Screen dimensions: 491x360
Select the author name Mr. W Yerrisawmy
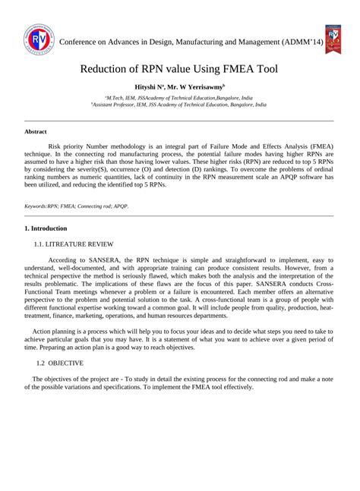pos(197,88)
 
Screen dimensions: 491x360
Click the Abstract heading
pos(36,131)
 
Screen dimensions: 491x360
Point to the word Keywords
pos(35,206)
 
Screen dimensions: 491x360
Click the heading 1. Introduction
pos(46,228)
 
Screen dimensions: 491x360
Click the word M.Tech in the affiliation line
pos(118,99)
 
